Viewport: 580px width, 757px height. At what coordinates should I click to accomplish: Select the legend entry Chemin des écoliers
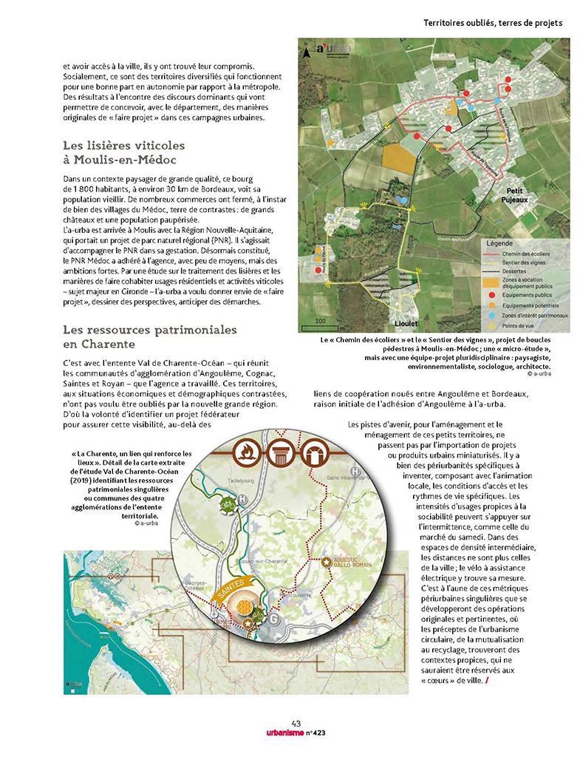[x=530, y=254]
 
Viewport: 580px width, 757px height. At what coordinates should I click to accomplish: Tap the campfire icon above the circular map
[x=245, y=452]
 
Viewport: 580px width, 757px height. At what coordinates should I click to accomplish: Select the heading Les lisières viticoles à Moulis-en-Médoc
[x=123, y=152]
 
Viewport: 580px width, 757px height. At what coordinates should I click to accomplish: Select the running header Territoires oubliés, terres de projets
[x=493, y=23]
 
